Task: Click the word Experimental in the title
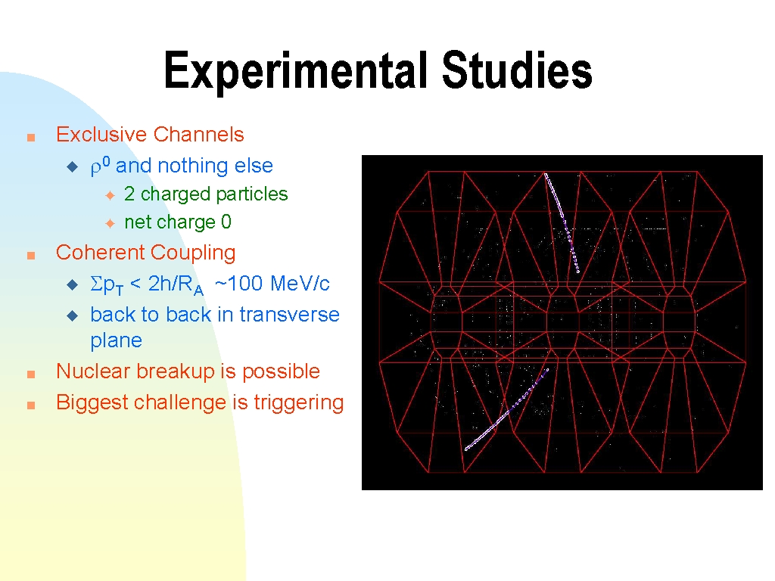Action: (296, 70)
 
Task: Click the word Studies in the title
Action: (516, 70)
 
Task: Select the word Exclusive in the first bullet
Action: (101, 135)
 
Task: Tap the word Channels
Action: (199, 135)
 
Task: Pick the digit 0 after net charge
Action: (226, 222)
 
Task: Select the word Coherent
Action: (98, 253)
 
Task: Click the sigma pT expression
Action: (106, 285)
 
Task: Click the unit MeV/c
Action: (300, 284)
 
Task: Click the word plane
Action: (116, 341)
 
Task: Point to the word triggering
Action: (298, 402)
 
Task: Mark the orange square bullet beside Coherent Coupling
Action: (31, 256)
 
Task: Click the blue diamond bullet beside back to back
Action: (72, 315)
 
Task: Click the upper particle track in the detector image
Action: (562, 222)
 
